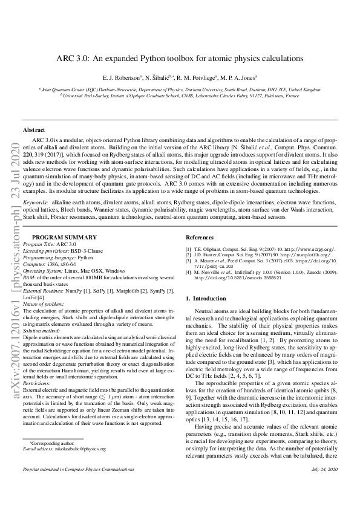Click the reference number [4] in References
click(188, 273)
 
